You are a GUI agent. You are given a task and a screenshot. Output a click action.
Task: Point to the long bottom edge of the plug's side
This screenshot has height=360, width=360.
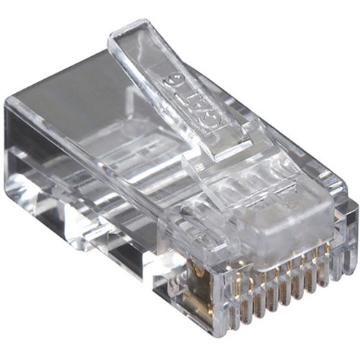108,259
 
